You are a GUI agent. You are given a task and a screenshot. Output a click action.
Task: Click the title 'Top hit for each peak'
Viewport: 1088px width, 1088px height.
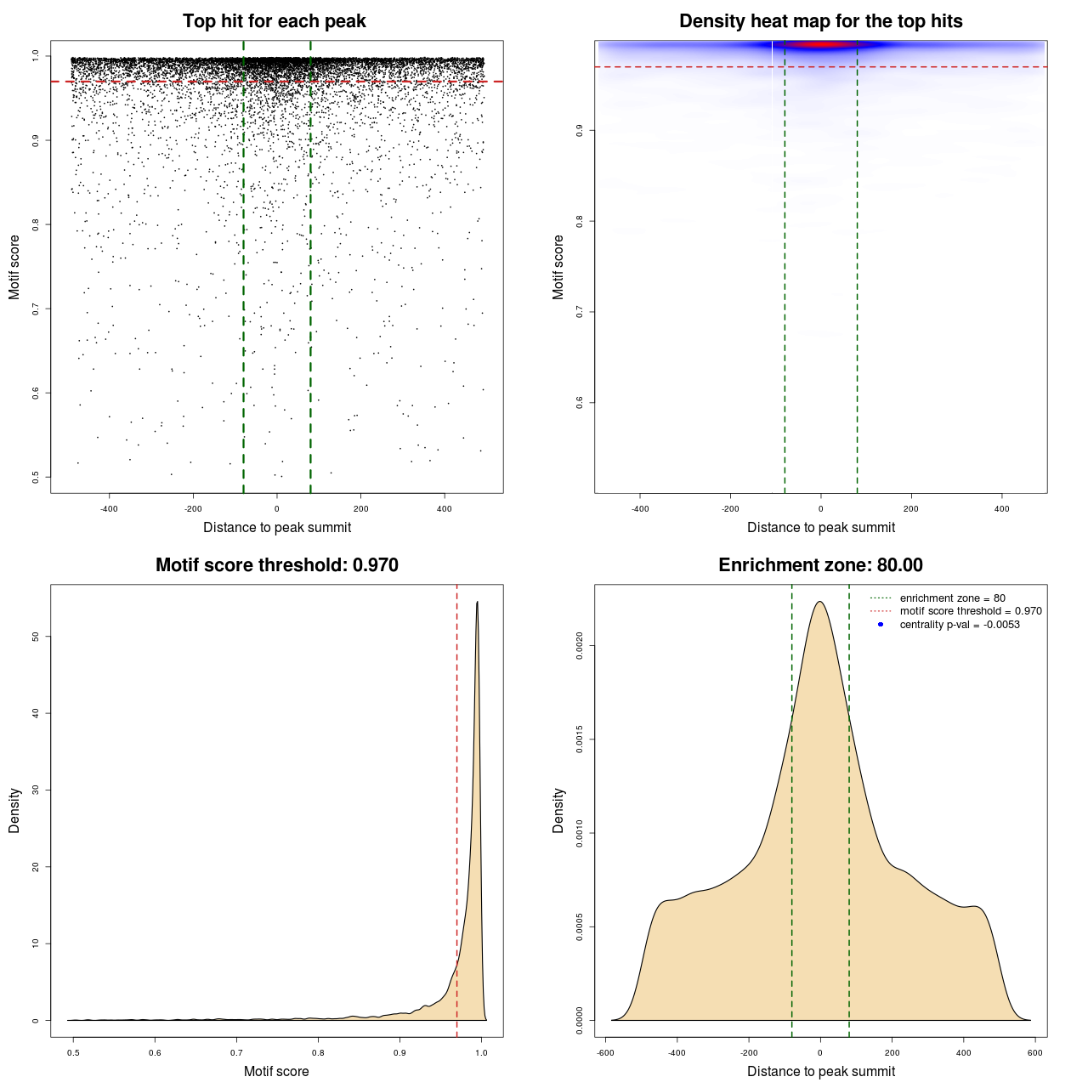click(274, 21)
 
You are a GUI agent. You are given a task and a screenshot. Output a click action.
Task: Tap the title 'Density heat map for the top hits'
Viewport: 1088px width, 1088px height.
click(820, 21)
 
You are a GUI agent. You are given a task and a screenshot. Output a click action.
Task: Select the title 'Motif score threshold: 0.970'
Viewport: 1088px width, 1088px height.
click(276, 565)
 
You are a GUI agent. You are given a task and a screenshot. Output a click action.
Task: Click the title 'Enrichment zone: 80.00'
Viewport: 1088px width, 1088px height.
click(820, 565)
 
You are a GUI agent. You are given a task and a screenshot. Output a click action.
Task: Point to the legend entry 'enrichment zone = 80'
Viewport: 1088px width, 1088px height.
click(952, 598)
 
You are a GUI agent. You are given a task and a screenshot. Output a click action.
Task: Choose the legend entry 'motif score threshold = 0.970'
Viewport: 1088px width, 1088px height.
click(970, 611)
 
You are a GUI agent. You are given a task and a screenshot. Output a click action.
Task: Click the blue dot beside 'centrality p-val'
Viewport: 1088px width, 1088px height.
click(881, 625)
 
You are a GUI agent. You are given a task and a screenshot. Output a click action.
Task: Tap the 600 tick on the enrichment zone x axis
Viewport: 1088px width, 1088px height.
click(1034, 1052)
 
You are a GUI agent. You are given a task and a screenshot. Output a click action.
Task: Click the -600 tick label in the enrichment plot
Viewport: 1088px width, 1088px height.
click(605, 1052)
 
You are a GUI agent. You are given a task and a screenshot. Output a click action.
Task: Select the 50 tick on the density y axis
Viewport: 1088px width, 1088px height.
click(35, 637)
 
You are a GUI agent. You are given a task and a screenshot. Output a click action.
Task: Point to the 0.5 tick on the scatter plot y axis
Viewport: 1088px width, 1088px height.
click(36, 477)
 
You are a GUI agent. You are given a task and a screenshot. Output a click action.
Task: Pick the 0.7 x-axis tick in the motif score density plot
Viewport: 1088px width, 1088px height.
click(236, 1052)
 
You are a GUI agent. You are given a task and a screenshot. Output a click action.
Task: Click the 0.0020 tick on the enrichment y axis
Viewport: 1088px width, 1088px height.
click(580, 646)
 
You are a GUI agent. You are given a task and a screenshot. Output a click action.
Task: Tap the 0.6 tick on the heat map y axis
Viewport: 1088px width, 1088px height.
click(580, 402)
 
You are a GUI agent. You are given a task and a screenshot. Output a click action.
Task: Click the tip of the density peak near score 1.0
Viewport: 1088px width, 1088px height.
click(477, 602)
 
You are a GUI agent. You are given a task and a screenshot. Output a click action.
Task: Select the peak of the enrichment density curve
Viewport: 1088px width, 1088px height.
click(820, 602)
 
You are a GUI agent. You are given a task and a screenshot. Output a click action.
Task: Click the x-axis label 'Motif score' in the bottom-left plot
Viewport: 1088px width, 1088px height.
click(276, 1071)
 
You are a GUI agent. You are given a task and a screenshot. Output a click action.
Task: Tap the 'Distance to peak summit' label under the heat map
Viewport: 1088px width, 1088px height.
click(820, 527)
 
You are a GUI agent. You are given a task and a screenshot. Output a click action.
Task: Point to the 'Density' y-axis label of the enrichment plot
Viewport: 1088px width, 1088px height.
click(558, 810)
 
